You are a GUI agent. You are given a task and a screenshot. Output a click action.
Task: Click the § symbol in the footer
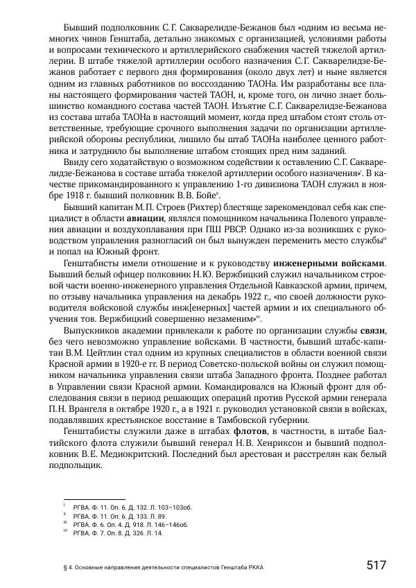pos(63,567)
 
